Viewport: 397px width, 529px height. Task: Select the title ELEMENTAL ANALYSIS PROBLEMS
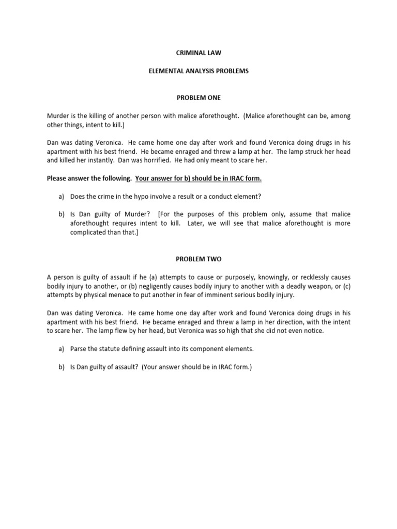(x=198, y=71)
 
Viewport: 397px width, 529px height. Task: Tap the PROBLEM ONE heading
(x=198, y=97)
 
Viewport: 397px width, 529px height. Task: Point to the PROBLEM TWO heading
(x=198, y=258)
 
